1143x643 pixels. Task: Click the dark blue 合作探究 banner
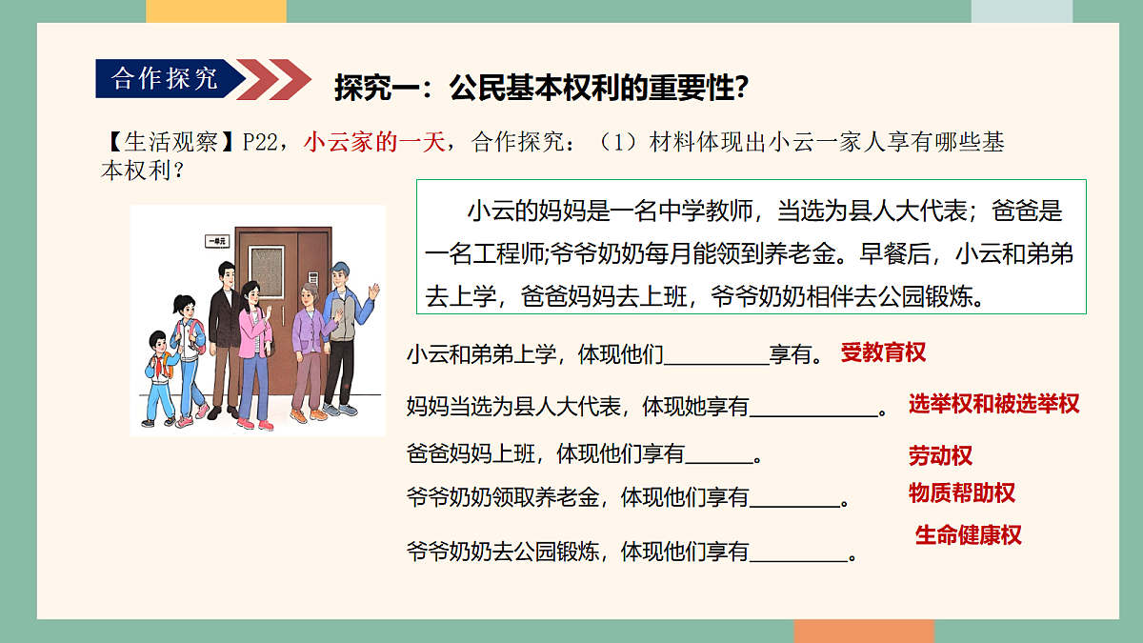164,78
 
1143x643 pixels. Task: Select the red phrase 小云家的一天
375,143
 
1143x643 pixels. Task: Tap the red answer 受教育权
883,352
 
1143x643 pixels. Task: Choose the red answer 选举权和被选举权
993,404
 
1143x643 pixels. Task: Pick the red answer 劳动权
940,456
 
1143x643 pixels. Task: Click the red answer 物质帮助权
961,493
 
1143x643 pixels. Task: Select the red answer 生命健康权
968,535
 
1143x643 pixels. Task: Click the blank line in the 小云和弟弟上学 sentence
715,362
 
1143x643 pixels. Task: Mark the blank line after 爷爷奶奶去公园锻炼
799,559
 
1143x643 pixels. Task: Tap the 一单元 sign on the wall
217,242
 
